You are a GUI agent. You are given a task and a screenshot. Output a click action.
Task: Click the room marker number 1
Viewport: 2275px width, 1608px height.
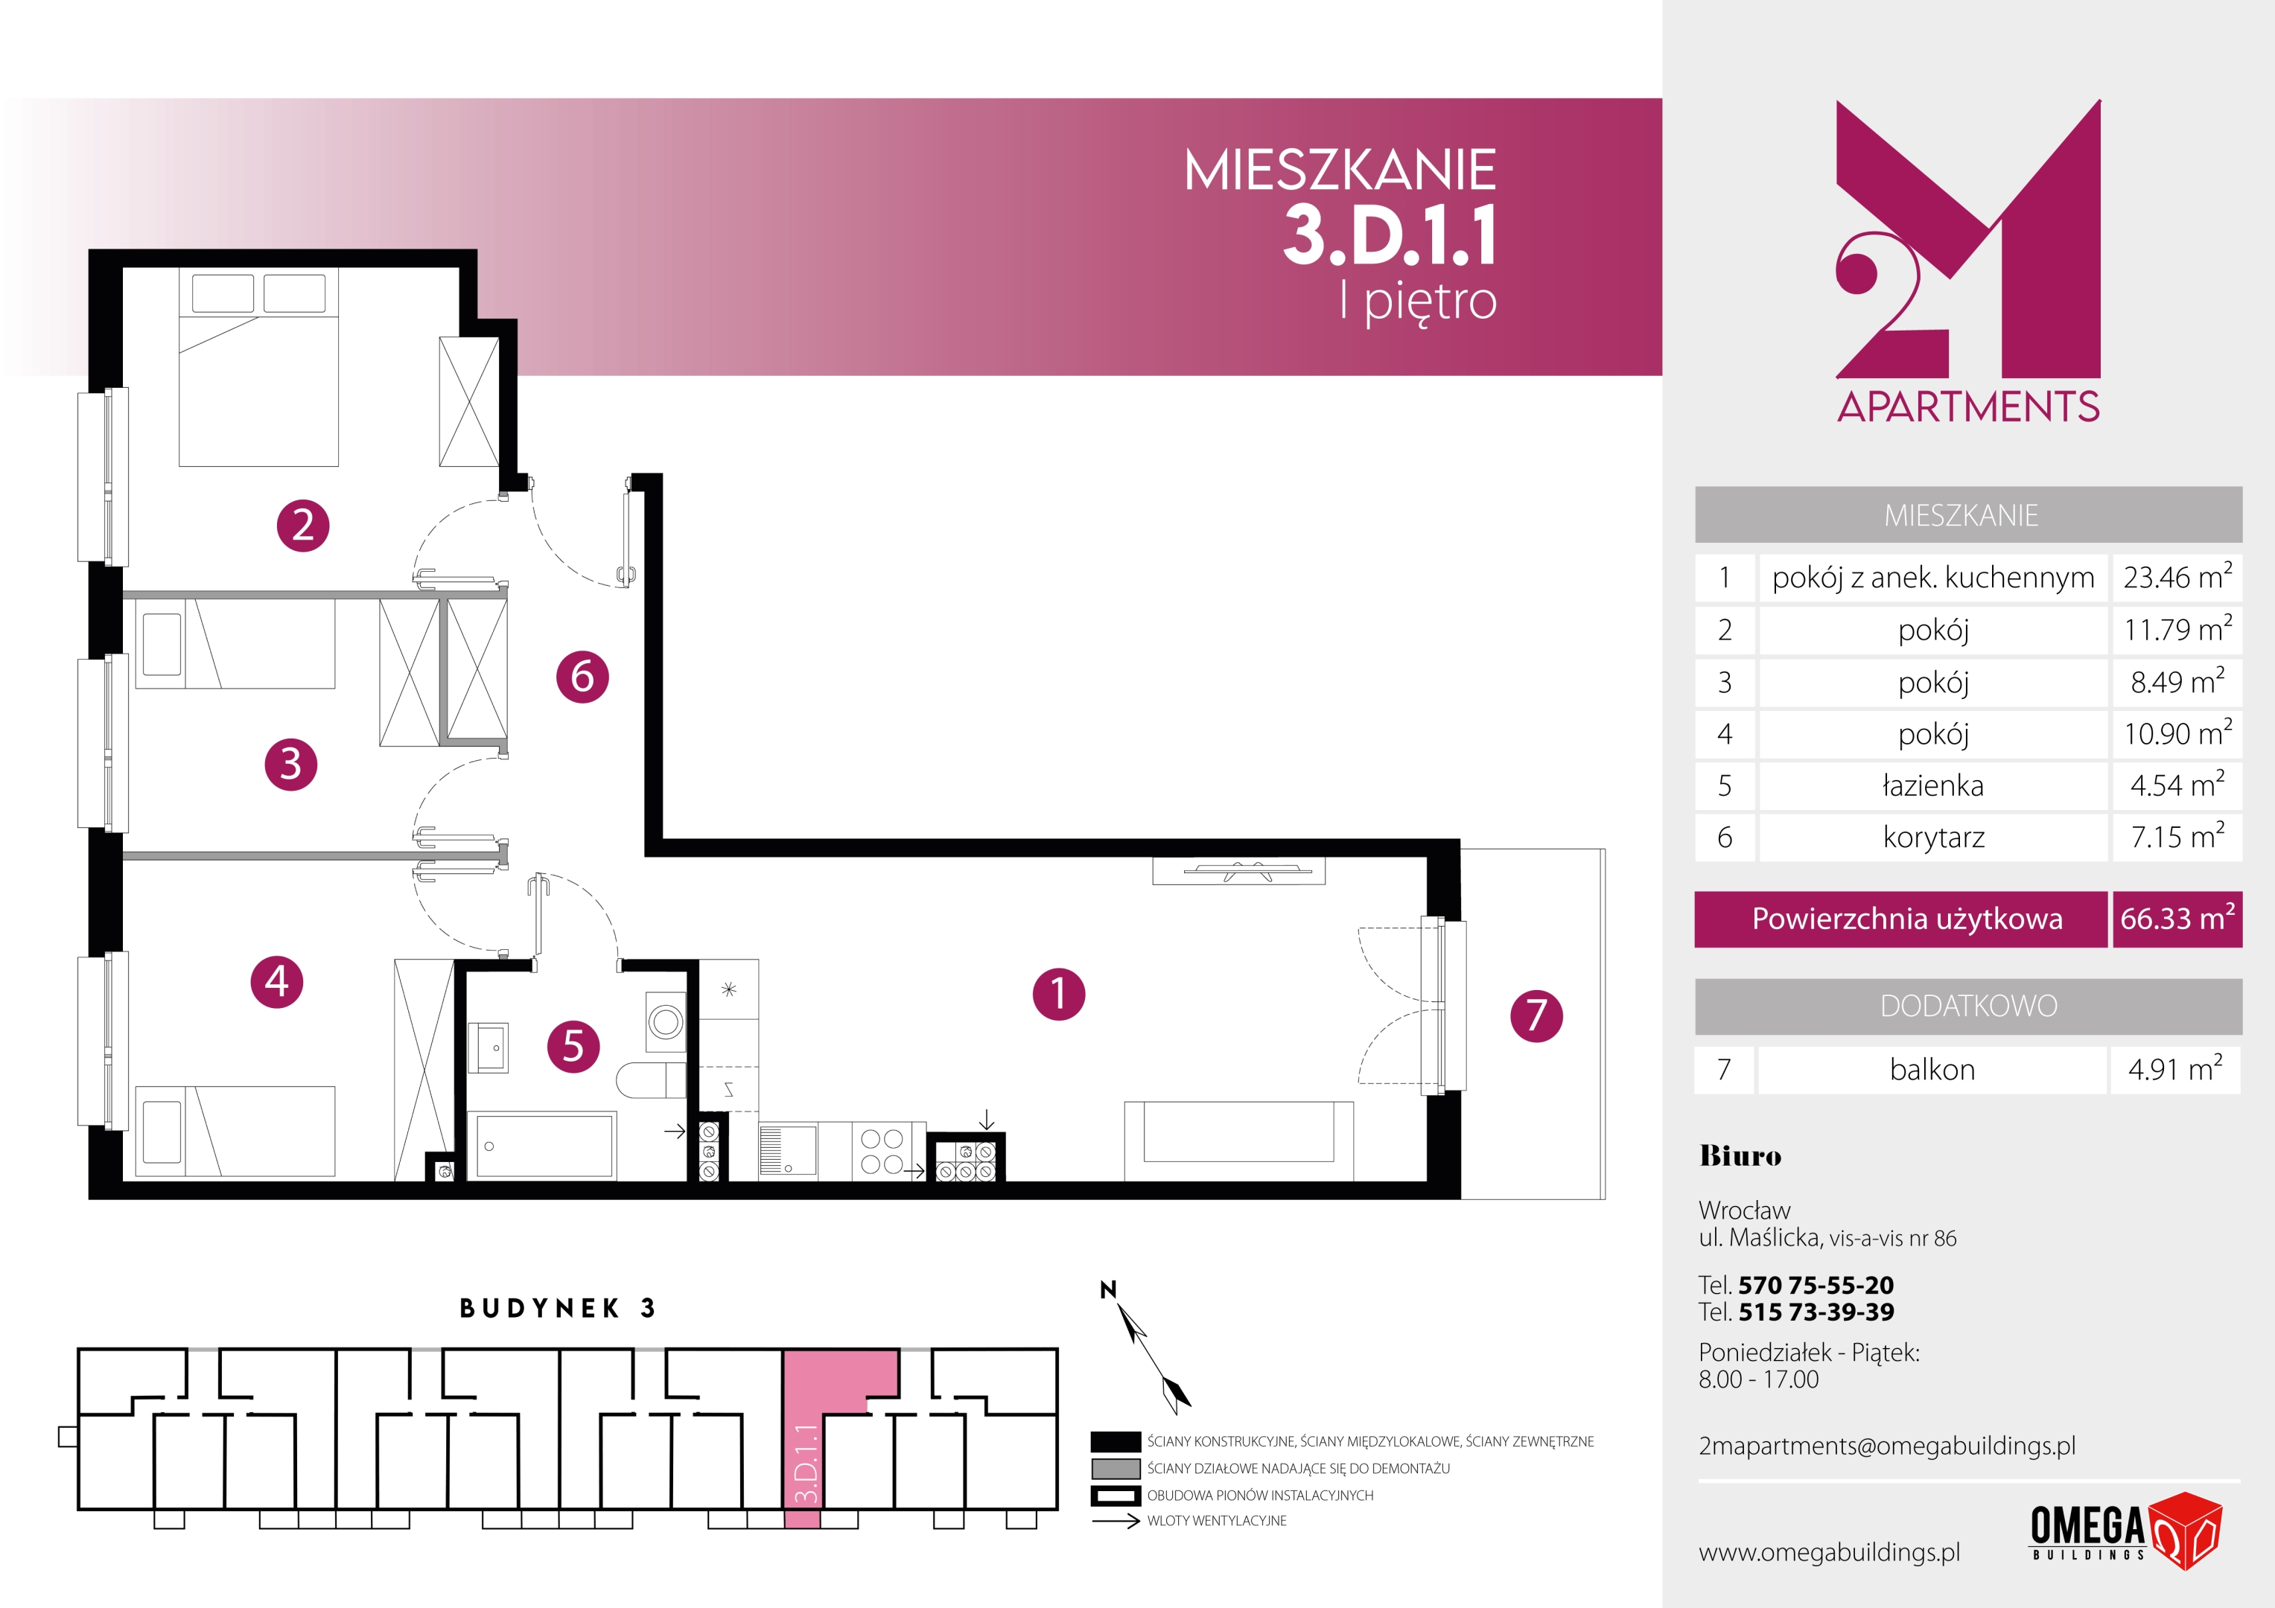pos(1058,994)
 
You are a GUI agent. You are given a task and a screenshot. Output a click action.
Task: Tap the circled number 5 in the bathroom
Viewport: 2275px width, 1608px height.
pos(573,1046)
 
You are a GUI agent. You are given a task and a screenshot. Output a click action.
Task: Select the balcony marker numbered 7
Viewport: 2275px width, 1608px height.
pos(1536,1015)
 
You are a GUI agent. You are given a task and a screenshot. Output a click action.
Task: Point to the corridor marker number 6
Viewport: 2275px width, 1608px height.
pos(582,677)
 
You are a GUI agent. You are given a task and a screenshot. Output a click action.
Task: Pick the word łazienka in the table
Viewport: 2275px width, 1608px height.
pos(1932,785)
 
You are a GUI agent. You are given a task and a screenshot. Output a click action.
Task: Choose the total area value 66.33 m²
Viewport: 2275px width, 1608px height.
pos(2177,919)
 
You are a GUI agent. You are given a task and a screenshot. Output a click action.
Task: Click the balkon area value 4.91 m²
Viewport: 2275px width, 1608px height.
pos(2175,1069)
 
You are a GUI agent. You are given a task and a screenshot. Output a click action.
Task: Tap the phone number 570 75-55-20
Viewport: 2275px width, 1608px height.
pos(1816,1285)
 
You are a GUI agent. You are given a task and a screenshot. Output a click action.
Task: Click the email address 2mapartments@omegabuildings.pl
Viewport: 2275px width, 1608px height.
pos(1886,1446)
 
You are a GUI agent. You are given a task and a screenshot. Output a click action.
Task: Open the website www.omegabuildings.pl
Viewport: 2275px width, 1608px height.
pos(1829,1552)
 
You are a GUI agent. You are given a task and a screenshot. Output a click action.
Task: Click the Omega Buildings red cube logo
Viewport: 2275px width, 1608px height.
pos(2184,1530)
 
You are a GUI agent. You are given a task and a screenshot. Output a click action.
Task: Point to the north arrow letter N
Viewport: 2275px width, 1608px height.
pos(1108,1289)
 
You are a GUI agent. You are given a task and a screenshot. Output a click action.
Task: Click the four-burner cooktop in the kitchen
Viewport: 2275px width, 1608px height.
pos(882,1151)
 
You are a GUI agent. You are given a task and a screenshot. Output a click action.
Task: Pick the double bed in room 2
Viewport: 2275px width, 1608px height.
pos(258,366)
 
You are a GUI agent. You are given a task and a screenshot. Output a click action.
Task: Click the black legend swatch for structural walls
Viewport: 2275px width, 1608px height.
pos(1116,1441)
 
